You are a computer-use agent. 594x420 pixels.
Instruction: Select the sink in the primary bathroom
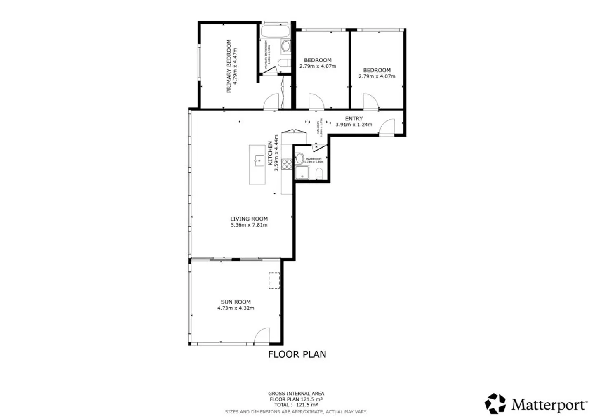point(285,46)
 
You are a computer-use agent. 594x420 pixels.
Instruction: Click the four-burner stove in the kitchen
point(287,164)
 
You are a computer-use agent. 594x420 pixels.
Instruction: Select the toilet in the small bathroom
point(319,173)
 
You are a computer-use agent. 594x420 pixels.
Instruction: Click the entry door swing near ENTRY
point(388,127)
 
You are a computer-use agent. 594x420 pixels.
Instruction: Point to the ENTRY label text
point(354,118)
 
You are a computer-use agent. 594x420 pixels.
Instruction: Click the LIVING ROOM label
point(249,219)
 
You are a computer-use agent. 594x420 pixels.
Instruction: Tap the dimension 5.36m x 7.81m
point(249,225)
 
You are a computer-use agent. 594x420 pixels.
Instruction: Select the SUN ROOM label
point(236,302)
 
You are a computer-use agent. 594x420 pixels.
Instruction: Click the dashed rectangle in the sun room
point(274,281)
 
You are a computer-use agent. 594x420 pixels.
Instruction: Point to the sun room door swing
point(262,336)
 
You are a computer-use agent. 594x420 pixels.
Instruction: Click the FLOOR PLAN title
point(297,354)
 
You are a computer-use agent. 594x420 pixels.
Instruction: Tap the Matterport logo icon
point(495,403)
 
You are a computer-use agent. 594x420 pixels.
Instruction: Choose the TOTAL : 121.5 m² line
point(296,405)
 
